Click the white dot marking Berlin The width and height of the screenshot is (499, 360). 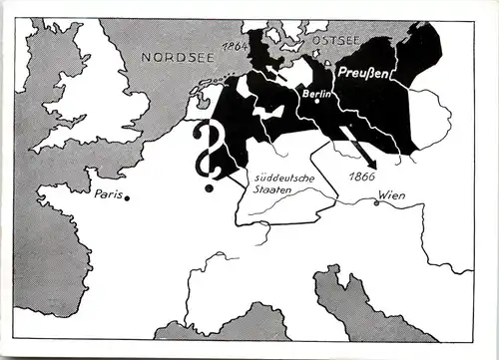[314, 100]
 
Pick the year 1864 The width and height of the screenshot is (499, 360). [237, 47]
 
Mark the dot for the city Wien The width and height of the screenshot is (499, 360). [376, 203]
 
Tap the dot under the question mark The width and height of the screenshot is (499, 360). [209, 187]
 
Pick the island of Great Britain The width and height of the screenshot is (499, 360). [95, 100]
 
